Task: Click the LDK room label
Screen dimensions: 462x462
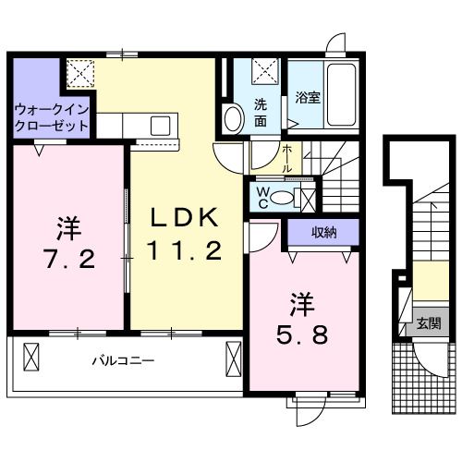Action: (186, 218)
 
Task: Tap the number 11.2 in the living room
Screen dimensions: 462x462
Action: (186, 250)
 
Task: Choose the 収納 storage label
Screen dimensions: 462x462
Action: (322, 232)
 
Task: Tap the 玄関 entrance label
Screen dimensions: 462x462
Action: (428, 323)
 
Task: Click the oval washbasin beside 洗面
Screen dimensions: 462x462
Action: (232, 118)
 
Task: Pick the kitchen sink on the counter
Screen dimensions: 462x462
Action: (159, 125)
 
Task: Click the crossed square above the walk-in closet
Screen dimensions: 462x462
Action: (79, 72)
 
